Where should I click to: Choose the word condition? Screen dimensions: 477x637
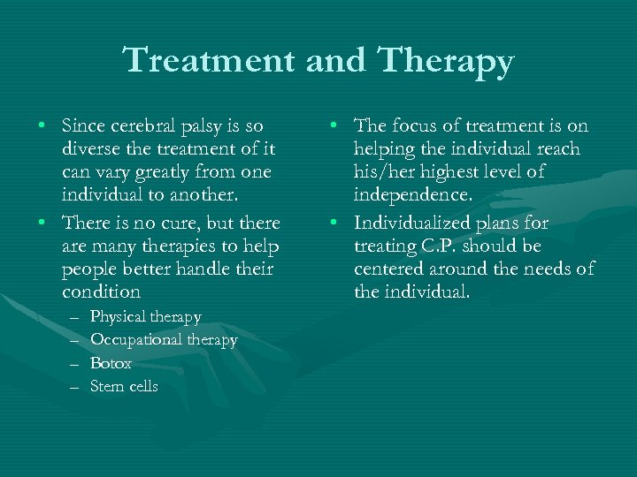point(102,291)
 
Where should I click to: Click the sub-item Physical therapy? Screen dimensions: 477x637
point(146,316)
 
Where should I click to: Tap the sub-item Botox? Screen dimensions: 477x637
point(111,363)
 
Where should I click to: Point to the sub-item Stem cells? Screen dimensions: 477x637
point(124,386)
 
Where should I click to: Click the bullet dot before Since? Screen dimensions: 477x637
point(44,127)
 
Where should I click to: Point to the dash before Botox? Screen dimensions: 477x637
point(72,364)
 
